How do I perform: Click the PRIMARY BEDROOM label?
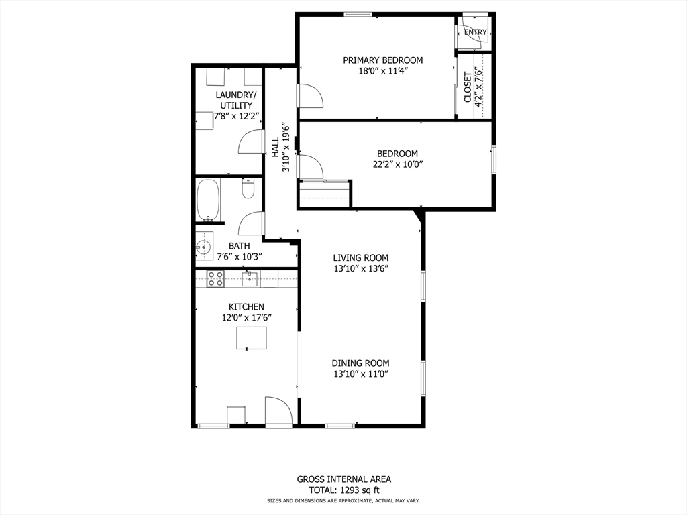tap(383, 60)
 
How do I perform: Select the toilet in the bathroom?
tap(248, 189)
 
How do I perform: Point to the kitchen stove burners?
tap(215, 278)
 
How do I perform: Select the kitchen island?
tap(251, 338)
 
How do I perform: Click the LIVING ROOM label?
tap(361, 257)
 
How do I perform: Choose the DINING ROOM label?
tap(360, 363)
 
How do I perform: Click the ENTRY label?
tap(475, 32)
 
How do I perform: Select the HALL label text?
tap(275, 148)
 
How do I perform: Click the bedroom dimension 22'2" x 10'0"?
tap(397, 164)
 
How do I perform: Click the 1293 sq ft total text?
tap(343, 490)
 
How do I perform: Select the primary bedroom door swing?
tap(309, 97)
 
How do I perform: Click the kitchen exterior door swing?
tap(276, 411)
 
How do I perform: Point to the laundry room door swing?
tap(250, 142)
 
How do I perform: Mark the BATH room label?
tap(239, 246)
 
